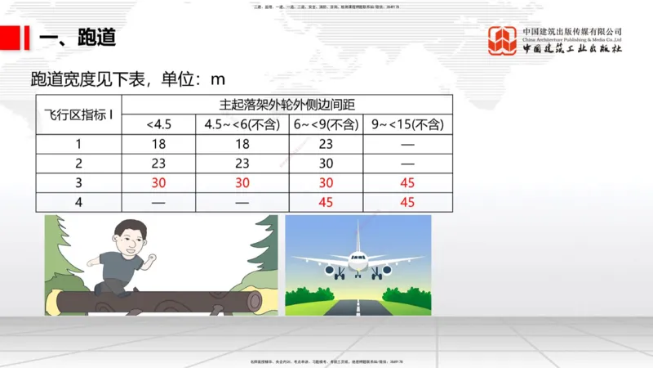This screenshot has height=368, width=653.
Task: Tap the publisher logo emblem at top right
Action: (503, 40)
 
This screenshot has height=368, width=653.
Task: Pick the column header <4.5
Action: (159, 124)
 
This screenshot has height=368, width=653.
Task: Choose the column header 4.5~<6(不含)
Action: (243, 124)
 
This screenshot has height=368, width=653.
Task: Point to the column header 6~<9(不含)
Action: (326, 124)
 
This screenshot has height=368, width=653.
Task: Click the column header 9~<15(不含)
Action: (407, 124)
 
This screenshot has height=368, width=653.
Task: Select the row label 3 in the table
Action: (78, 182)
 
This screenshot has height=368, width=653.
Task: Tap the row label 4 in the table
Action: (78, 202)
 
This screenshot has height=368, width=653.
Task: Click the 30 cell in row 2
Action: (326, 163)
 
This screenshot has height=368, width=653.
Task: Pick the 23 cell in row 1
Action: (326, 143)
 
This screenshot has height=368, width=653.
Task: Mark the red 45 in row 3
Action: (407, 182)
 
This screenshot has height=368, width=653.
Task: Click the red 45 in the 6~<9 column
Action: (326, 202)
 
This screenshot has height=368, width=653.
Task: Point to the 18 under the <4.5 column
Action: (159, 143)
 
